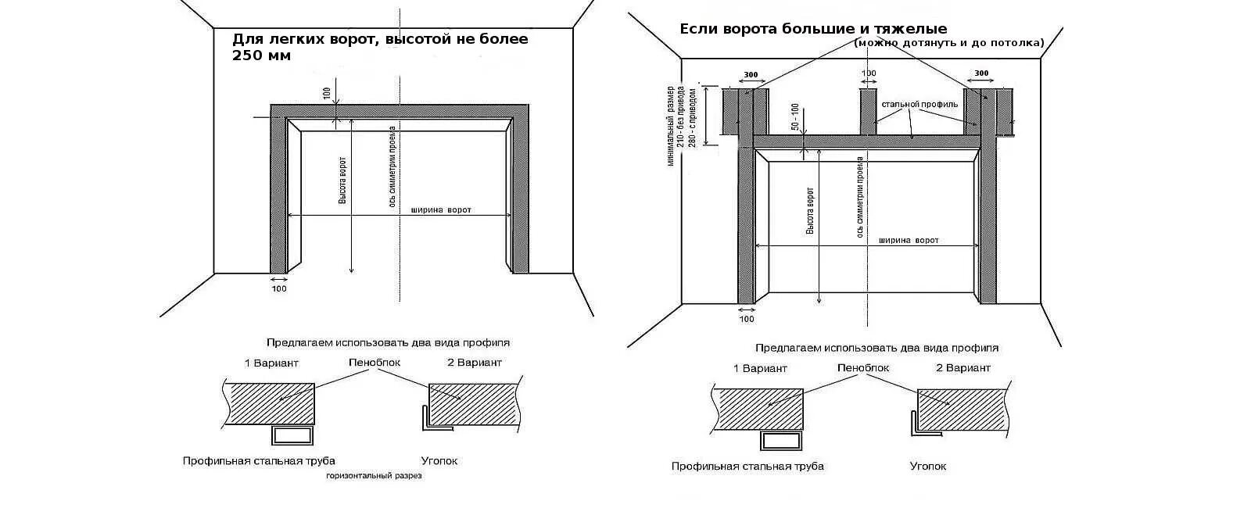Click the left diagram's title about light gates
(x=380, y=47)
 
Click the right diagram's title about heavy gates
(x=813, y=30)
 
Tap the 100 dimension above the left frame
(x=327, y=92)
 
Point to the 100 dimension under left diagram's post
(x=279, y=289)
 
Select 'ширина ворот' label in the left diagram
(x=441, y=209)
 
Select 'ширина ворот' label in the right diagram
(x=908, y=241)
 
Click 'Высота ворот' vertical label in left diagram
(x=342, y=181)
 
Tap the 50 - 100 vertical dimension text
(x=794, y=117)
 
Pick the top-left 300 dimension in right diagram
(x=751, y=75)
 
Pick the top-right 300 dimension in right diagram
(x=981, y=73)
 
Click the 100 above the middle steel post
(x=868, y=74)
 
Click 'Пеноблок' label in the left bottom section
(x=375, y=363)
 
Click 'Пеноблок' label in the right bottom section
(x=863, y=367)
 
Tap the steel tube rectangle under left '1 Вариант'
(x=292, y=436)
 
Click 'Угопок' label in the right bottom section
(x=928, y=466)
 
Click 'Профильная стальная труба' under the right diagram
(x=747, y=466)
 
